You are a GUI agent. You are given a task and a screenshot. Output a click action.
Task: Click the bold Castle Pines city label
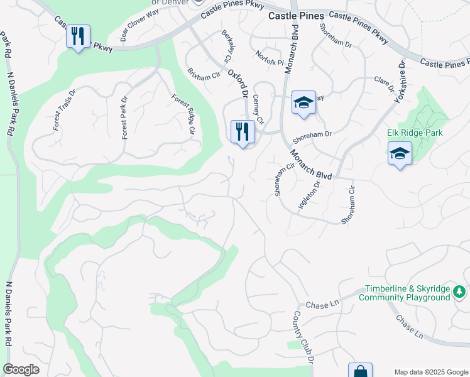296,16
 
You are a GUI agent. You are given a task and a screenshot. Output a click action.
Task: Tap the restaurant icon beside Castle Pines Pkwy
78,36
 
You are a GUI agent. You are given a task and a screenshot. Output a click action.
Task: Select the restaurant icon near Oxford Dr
243,132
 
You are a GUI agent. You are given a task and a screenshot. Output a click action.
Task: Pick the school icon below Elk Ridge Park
400,153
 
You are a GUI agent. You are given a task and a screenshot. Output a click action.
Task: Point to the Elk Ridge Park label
415,133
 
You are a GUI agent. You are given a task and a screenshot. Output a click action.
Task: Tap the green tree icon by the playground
459,292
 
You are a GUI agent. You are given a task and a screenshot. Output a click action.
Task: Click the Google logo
21,369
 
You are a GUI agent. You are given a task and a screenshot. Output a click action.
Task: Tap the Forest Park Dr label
124,117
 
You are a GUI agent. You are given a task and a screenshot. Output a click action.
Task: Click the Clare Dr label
383,82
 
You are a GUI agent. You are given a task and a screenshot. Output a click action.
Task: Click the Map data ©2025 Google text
431,371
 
